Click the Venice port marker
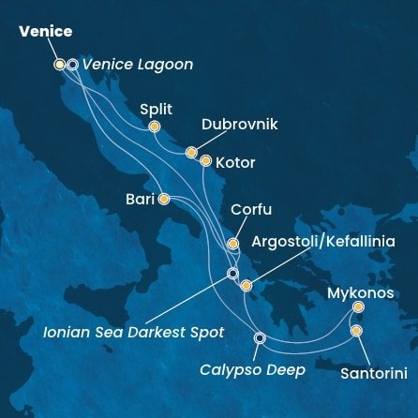click(60, 65)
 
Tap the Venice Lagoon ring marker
click(72, 65)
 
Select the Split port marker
click(155, 127)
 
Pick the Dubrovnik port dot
click(191, 152)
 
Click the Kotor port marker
click(206, 160)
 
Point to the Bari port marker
click(164, 199)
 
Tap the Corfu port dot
click(233, 244)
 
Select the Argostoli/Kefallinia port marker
click(246, 286)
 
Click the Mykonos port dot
click(358, 306)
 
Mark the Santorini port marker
click(356, 331)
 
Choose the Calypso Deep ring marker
click(260, 338)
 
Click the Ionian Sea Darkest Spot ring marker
click(233, 274)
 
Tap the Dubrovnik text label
click(240, 125)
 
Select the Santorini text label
click(373, 373)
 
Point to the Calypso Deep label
click(253, 370)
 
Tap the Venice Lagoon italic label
click(138, 65)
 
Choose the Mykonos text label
click(360, 293)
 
